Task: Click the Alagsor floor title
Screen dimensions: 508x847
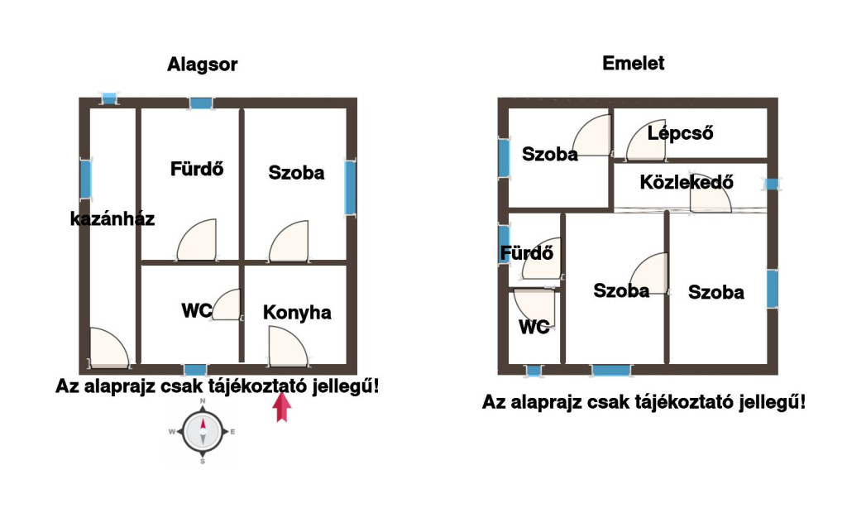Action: [x=203, y=65]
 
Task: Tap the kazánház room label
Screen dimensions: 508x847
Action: [x=112, y=219]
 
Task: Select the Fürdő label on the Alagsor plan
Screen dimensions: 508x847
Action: [x=198, y=169]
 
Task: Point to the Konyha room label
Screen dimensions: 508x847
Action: [x=297, y=312]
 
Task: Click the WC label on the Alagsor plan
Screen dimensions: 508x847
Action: [x=197, y=311]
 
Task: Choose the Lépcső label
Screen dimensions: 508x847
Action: [x=680, y=132]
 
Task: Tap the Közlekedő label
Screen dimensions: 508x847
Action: [x=687, y=182]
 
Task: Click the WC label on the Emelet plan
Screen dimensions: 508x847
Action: [x=534, y=327]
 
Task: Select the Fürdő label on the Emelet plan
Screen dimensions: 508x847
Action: [x=526, y=253]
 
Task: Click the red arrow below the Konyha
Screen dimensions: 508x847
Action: [x=282, y=407]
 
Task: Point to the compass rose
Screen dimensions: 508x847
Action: [x=202, y=432]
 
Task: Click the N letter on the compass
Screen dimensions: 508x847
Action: [x=202, y=401]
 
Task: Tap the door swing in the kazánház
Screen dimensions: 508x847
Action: [x=108, y=347]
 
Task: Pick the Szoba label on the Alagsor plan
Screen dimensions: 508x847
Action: [x=296, y=173]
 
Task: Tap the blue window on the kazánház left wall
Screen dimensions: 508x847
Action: [x=85, y=179]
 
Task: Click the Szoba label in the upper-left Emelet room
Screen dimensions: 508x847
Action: [x=550, y=153]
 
